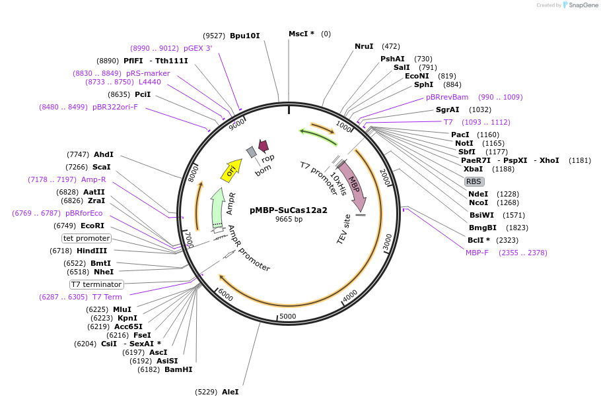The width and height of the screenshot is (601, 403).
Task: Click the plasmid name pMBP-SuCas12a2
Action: pos(288,210)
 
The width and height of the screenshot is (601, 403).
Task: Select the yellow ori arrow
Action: pos(232,170)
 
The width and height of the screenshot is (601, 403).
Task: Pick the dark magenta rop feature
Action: pos(264,146)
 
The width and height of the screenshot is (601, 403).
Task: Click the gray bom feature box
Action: pos(251,152)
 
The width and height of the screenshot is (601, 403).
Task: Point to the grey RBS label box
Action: pos(474,181)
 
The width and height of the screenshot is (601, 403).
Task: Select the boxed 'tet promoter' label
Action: pos(87,238)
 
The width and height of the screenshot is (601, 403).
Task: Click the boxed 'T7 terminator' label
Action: pos(96,284)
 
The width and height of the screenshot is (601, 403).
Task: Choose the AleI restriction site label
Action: pos(230,392)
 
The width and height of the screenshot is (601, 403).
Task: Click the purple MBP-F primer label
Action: pos(477,253)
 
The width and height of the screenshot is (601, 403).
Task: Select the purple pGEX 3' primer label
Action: pos(197,48)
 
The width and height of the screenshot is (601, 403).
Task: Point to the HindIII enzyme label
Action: pos(92,251)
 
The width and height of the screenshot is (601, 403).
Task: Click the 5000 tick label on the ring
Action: pos(287,316)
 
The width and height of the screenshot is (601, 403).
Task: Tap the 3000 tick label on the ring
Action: pos(388,243)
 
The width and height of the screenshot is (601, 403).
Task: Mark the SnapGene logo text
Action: pos(583,5)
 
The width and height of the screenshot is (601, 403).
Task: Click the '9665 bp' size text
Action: pos(289,219)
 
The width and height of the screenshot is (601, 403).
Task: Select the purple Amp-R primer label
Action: pos(94,179)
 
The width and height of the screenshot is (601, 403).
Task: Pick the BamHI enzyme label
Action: pos(178,370)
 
